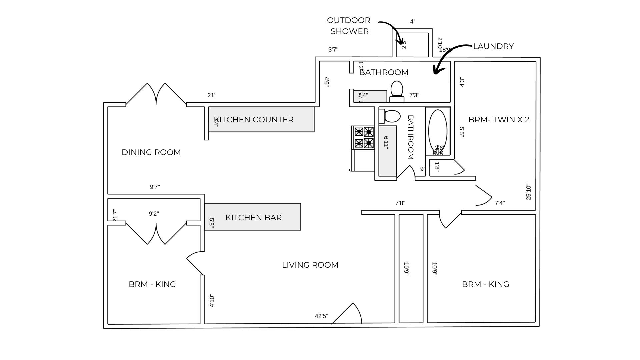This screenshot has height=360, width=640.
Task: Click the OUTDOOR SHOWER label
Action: pos(349,26)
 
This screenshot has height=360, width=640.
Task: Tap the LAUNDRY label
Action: pos(493,46)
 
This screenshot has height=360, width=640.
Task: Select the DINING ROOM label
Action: pos(151,152)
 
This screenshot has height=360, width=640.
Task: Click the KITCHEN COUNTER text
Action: pos(254,120)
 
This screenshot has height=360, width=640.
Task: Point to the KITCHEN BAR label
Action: pos(253,218)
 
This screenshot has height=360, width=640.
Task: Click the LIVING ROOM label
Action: pos(310,265)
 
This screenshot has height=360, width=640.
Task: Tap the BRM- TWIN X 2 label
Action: pos(499,120)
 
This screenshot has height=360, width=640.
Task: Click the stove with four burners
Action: pos(364,137)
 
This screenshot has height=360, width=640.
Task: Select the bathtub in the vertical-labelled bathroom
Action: pos(437,131)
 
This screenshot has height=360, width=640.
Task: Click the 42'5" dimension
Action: pos(321,316)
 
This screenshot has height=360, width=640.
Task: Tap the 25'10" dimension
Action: pos(529,192)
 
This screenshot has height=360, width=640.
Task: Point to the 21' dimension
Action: pos(211,95)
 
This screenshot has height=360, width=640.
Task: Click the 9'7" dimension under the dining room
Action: pos(155,187)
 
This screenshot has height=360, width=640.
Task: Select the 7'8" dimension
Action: pos(400,203)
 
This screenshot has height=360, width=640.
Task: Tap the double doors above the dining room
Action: pos(156,94)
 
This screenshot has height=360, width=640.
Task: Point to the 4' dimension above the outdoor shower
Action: pos(412,22)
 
